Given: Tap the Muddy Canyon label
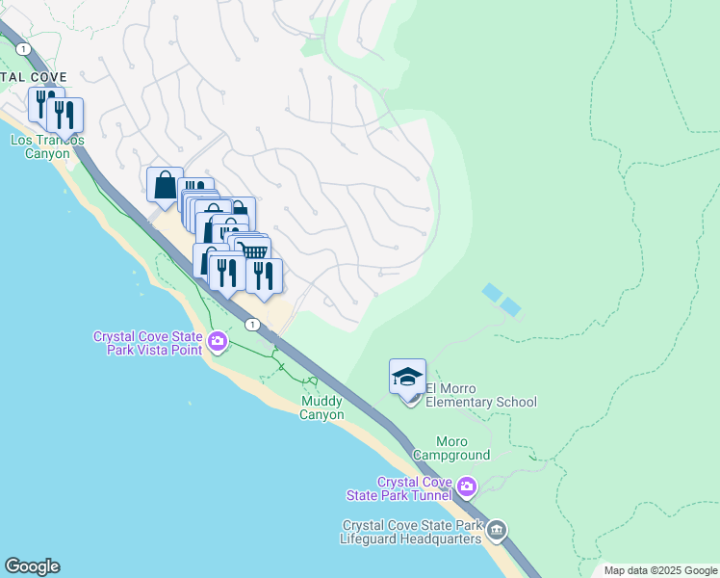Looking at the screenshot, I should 321,407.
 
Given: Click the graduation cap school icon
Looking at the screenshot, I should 407,376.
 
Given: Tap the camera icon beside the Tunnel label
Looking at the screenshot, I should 467,486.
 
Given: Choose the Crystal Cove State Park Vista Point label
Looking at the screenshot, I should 147,343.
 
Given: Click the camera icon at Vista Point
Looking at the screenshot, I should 218,341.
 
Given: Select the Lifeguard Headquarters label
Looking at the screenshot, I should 411,533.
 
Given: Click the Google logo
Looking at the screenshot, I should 32,566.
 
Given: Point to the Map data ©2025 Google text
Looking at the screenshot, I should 659,570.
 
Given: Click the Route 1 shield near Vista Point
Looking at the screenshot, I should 252,326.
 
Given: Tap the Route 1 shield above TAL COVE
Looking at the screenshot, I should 23,48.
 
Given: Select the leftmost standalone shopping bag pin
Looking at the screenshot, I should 165,183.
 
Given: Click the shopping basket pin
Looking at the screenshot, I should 254,252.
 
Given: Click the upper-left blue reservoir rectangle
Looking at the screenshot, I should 492,291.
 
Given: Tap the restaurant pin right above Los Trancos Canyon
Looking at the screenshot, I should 64,115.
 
